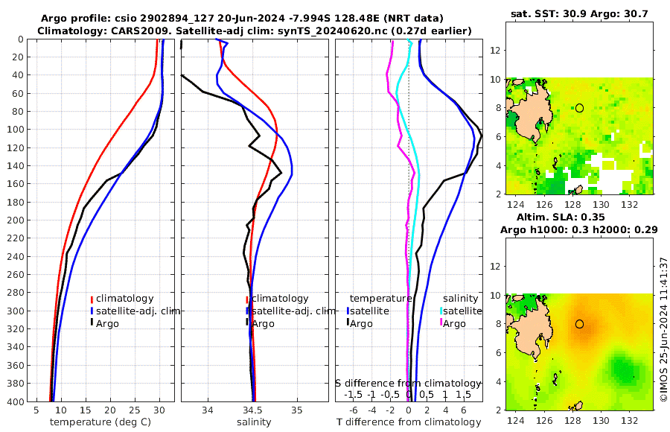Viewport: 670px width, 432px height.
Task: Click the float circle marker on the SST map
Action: (x=579, y=108)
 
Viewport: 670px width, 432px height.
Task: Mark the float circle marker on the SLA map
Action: (x=579, y=324)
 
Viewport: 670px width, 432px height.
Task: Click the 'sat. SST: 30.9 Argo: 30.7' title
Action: (x=580, y=14)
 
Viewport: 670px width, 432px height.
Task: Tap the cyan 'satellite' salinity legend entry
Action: (x=462, y=311)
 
